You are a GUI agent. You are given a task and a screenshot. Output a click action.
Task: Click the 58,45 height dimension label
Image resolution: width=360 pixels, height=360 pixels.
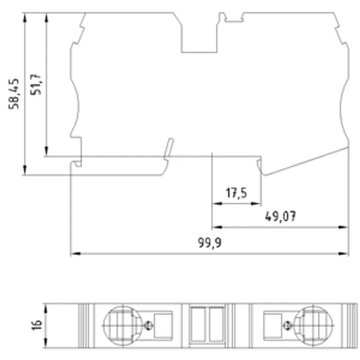[x=14, y=94]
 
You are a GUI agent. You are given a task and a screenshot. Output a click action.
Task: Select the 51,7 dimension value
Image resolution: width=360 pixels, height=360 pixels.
[x=36, y=85]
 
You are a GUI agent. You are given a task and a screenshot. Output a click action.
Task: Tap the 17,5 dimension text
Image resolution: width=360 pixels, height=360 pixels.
[x=236, y=193]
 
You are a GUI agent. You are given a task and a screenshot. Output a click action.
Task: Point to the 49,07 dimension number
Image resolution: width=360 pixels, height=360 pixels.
[x=280, y=216]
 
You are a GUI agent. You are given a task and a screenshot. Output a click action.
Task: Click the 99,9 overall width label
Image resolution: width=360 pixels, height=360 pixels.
[x=210, y=243]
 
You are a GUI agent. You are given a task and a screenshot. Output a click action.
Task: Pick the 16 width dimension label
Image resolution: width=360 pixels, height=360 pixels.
[x=37, y=325]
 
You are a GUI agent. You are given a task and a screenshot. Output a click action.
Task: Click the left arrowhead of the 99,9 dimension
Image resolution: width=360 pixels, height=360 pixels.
[x=76, y=254]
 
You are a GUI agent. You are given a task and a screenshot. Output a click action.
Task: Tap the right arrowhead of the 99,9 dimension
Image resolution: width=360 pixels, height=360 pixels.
[x=343, y=254]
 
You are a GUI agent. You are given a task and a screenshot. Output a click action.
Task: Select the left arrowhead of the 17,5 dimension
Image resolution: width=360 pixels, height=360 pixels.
[x=217, y=204]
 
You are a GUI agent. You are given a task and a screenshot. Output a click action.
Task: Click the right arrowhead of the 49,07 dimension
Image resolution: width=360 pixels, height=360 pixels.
[x=343, y=227]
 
